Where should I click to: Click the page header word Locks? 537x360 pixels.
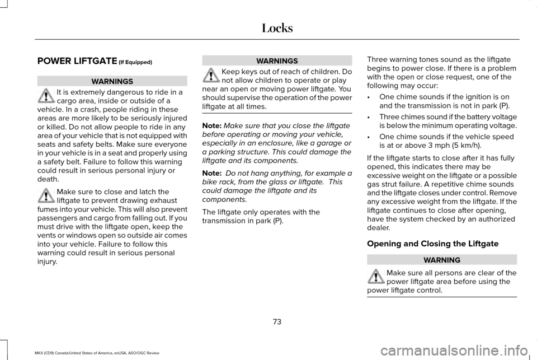pyautogui.click(x=277, y=27)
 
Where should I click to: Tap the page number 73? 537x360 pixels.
pyautogui.click(x=277, y=321)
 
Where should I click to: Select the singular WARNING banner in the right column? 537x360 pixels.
pyautogui.click(x=442, y=260)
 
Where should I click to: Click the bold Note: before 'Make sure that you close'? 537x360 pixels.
pyautogui.click(x=211, y=126)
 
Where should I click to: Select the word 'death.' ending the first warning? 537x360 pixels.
pyautogui.click(x=46, y=179)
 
